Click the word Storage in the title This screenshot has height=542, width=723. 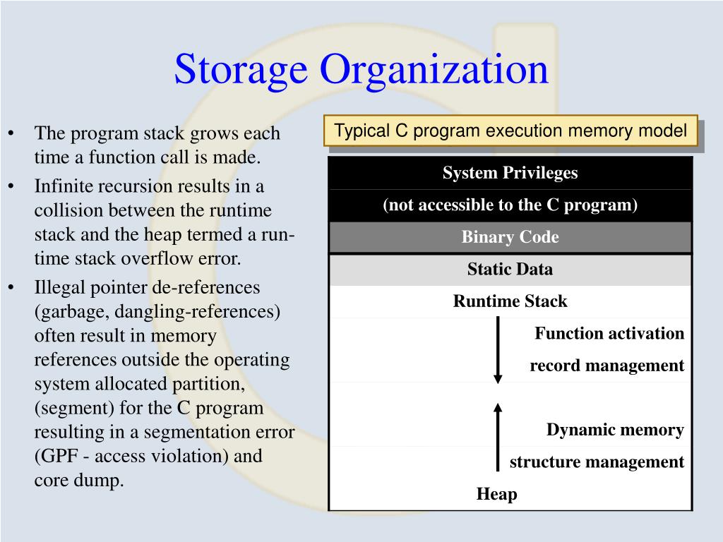click(x=241, y=69)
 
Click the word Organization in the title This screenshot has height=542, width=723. click(x=434, y=69)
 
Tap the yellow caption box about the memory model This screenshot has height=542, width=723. click(x=510, y=131)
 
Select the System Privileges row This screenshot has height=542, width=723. click(x=510, y=173)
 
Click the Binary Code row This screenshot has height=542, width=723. click(x=510, y=237)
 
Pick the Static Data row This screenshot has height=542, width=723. click(x=510, y=269)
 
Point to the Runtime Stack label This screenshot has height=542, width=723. click(x=510, y=301)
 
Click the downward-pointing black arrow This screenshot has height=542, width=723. click(x=498, y=350)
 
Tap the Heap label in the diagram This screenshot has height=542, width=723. click(x=497, y=494)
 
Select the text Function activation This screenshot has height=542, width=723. click(x=609, y=333)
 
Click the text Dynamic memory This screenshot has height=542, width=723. click(x=615, y=430)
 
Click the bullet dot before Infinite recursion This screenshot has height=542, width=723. click(x=12, y=187)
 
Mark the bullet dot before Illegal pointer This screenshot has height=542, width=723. click(x=12, y=288)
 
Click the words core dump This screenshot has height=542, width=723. click(x=79, y=480)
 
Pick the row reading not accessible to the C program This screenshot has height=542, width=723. click(x=510, y=205)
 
